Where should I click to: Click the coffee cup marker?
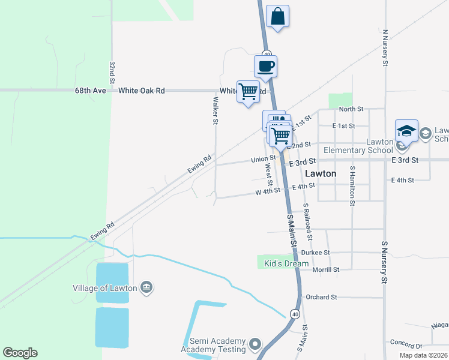[265, 66]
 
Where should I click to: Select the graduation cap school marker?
[406, 131]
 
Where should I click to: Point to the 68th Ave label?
[91, 91]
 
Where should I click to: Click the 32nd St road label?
[112, 72]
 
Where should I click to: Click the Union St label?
[263, 159]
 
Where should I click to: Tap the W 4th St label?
[268, 191]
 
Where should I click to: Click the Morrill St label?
[326, 270]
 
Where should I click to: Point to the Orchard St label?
[321, 297]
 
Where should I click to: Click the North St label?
[351, 109]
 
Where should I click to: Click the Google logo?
[20, 353]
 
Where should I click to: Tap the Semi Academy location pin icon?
[256, 344]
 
